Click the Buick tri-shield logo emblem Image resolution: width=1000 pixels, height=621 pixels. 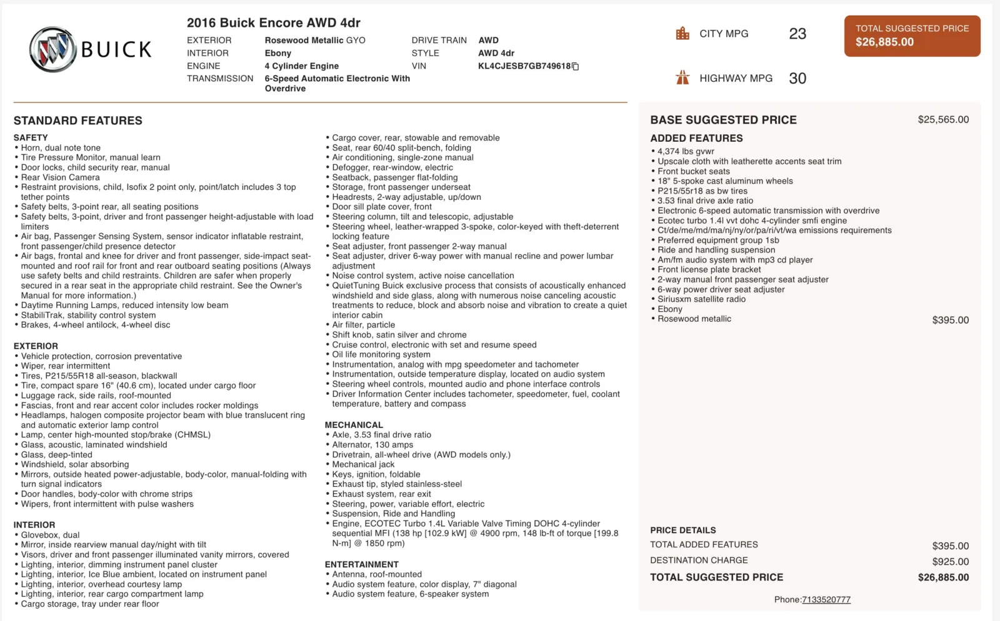pos(53,49)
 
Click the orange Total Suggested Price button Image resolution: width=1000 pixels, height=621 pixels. pos(912,36)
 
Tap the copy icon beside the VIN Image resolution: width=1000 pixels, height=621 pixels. pos(576,66)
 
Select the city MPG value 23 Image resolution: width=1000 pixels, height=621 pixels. pos(797,34)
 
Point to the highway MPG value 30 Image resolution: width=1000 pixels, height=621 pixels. pos(797,78)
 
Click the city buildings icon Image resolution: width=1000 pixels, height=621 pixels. pos(682,33)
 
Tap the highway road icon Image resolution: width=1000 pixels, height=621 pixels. pos(682,77)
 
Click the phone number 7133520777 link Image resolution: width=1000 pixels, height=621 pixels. pos(826,600)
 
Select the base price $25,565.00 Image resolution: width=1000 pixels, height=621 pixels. pos(943,119)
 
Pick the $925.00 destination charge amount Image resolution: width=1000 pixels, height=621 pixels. pos(950,562)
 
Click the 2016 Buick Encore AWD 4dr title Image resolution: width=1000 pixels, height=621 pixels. pos(274,23)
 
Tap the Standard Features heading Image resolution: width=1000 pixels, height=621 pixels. pos(78,121)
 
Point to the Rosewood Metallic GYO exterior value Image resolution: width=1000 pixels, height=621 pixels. pos(315,40)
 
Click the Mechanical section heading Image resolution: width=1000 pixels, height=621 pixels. pos(354,425)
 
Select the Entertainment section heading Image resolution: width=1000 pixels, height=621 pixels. pos(361,564)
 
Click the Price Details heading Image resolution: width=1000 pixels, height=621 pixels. pos(683,530)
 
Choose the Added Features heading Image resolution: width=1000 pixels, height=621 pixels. pos(696,138)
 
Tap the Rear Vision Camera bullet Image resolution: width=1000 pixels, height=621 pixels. pos(61,177)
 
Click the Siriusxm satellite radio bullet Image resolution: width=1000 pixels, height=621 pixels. pos(701,299)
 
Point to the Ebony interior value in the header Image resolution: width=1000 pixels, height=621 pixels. pos(278,53)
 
